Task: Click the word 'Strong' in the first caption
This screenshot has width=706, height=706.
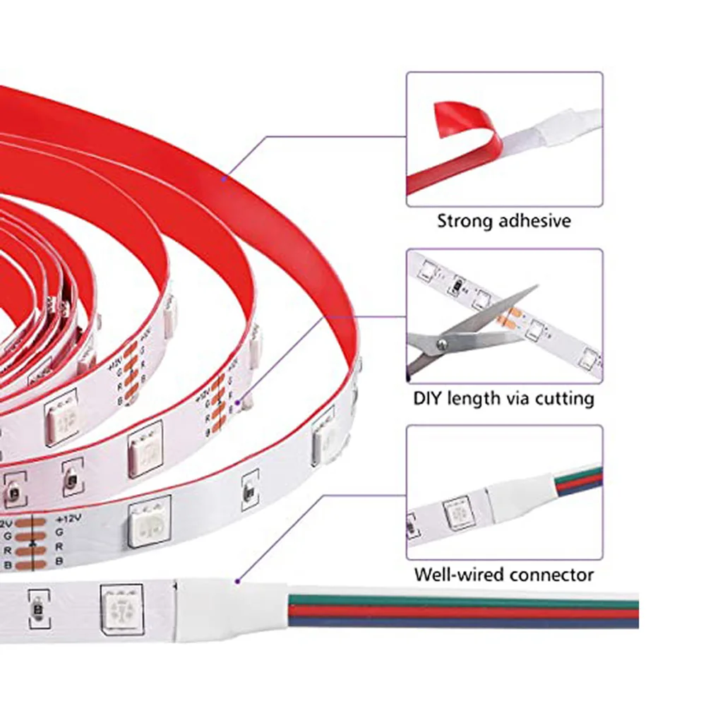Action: [x=465, y=221]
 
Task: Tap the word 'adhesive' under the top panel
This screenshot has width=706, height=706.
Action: [x=534, y=221]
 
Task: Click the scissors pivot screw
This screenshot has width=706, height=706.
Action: [x=443, y=343]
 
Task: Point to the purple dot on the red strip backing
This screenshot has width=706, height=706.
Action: [x=225, y=179]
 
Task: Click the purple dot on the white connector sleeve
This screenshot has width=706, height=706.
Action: [x=238, y=581]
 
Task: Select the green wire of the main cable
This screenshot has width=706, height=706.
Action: [x=459, y=602]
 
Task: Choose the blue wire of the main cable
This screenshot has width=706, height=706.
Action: [x=459, y=622]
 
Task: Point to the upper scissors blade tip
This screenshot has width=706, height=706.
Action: [x=536, y=288]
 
